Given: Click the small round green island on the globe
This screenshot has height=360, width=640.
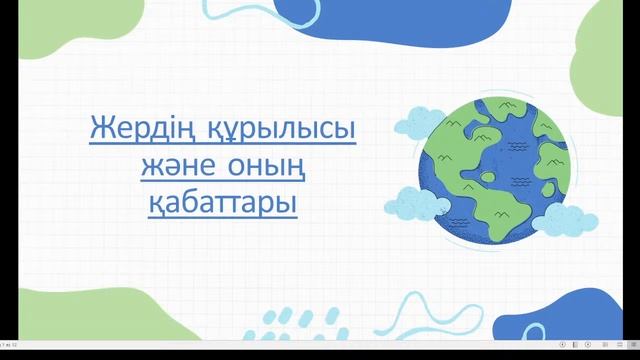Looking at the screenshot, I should (489, 176).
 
